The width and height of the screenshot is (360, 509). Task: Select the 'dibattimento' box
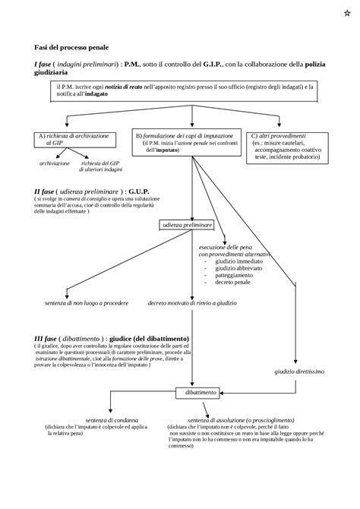196,392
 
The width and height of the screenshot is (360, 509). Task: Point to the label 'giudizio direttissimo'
299,371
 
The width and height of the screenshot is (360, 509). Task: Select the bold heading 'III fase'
49,337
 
